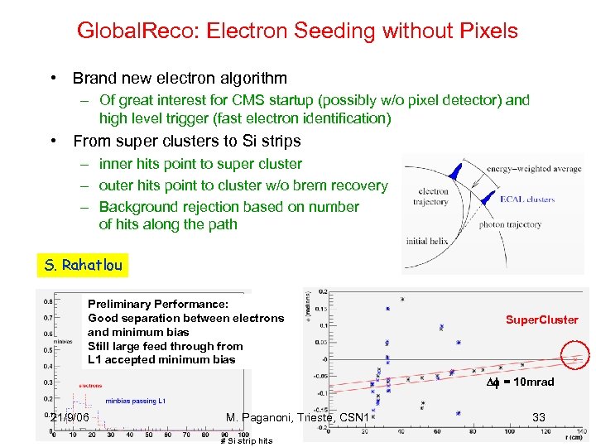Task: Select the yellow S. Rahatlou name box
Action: pos(84,266)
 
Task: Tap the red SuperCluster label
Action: pos(542,320)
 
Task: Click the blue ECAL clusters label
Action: pos(527,199)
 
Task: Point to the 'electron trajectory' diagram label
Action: pos(430,196)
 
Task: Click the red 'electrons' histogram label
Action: pos(90,385)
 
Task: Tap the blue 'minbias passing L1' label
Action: pos(135,401)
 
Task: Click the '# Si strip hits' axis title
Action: pos(247,440)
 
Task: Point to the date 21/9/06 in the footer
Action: pos(70,417)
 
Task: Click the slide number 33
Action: pos(538,417)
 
